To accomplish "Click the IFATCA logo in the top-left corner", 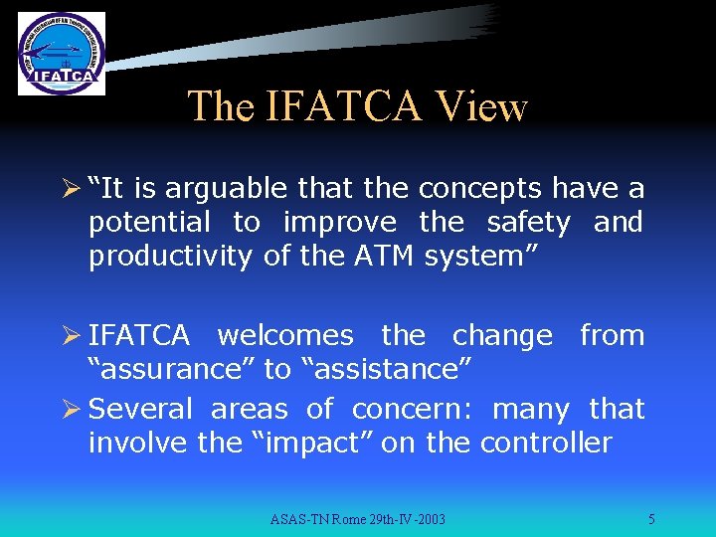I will pyautogui.click(x=61, y=54).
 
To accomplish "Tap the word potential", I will pyautogui.click(x=149, y=223).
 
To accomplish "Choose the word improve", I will pyautogui.click(x=338, y=223).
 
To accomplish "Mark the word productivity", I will pyautogui.click(x=170, y=257).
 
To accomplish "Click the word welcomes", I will pyautogui.click(x=284, y=336).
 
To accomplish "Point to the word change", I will pyautogui.click(x=502, y=336).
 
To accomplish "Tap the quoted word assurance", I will pyautogui.click(x=171, y=370).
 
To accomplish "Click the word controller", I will pyautogui.click(x=546, y=444).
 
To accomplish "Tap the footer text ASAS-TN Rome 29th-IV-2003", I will pyautogui.click(x=358, y=519).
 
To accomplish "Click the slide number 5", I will pyautogui.click(x=650, y=519).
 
